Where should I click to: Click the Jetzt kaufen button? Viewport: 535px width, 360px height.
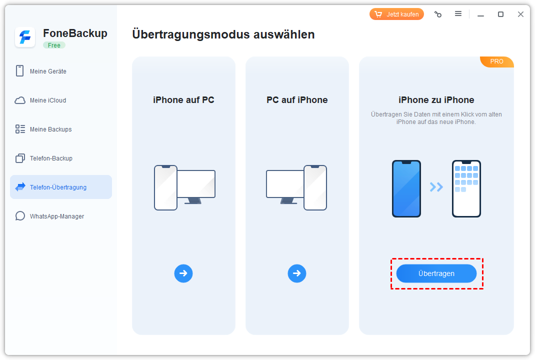tap(396, 14)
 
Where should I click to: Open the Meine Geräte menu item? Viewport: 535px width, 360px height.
tap(48, 71)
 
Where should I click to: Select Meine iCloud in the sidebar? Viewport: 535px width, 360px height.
tap(48, 100)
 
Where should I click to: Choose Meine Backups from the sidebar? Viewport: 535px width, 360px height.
tap(50, 129)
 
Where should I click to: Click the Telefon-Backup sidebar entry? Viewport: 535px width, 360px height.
tap(51, 158)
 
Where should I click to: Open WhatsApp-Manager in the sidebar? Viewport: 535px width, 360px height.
tap(56, 216)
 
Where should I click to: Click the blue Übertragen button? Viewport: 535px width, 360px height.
tap(436, 273)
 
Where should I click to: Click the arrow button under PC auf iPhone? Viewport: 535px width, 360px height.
tap(297, 273)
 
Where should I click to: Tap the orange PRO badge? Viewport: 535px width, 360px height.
tap(497, 61)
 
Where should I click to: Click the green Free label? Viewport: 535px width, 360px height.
tap(54, 45)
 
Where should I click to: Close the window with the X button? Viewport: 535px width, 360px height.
tap(520, 14)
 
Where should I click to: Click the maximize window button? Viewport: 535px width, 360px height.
tap(500, 14)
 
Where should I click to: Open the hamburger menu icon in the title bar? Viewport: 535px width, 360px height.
tap(458, 13)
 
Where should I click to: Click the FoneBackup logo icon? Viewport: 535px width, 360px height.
tap(25, 37)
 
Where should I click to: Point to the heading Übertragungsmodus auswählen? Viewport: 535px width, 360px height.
tap(223, 34)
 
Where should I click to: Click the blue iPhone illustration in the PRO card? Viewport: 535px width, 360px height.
tap(406, 188)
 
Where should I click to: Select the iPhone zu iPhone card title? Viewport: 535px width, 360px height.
tap(436, 100)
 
